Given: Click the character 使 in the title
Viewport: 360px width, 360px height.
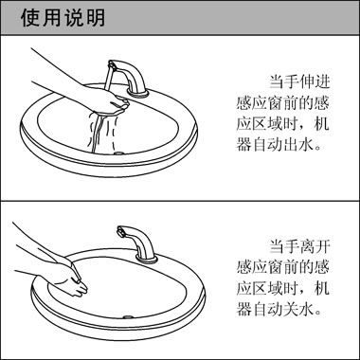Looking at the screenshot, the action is (x=30, y=18).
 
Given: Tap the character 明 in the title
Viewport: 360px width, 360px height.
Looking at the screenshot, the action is (x=96, y=18).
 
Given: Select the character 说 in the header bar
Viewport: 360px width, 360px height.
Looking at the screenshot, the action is (x=74, y=18).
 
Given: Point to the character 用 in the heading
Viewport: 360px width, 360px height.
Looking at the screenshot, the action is (x=52, y=18).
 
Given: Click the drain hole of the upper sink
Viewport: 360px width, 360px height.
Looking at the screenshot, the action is (x=118, y=153).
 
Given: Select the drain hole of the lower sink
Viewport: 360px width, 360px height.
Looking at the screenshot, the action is (x=127, y=317).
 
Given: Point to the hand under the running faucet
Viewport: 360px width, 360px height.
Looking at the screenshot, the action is (x=104, y=102).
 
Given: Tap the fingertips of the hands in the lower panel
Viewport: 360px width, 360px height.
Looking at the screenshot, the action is (x=81, y=287).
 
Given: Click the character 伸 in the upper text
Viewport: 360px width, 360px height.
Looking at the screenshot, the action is (x=299, y=81).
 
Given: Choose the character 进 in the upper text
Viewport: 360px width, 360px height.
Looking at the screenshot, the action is (x=321, y=81).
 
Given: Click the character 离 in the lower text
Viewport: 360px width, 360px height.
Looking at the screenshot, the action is (x=299, y=246).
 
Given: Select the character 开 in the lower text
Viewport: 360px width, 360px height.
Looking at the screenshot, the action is (x=321, y=246).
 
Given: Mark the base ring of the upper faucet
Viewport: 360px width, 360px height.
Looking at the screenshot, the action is (x=137, y=92).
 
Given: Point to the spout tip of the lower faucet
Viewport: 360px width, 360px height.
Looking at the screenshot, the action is (x=120, y=232).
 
